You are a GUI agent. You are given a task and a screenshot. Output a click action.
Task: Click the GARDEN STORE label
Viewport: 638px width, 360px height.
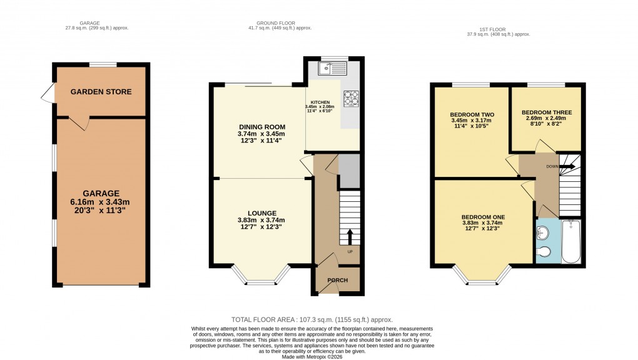click(101, 92)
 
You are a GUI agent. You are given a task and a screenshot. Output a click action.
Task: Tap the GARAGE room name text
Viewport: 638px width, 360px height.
click(101, 194)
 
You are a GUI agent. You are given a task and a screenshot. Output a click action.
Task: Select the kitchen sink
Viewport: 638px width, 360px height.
click(328, 69)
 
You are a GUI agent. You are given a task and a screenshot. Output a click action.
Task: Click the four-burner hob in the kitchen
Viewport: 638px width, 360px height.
click(350, 98)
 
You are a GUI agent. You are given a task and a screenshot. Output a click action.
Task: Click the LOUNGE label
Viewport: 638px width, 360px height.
click(261, 213)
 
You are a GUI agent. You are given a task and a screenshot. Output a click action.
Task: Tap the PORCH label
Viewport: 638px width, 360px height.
click(338, 280)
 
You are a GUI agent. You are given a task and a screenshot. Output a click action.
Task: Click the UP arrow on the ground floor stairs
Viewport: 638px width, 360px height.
click(350, 237)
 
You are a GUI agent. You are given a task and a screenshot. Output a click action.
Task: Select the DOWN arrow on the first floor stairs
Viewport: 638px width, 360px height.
click(568, 166)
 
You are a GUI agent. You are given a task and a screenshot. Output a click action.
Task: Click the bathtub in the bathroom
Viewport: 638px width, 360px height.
click(571, 241)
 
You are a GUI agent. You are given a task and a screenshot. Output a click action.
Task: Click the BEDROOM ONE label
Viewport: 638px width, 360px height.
click(483, 217)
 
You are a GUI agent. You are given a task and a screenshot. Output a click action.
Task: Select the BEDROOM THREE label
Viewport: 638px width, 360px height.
click(546, 112)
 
